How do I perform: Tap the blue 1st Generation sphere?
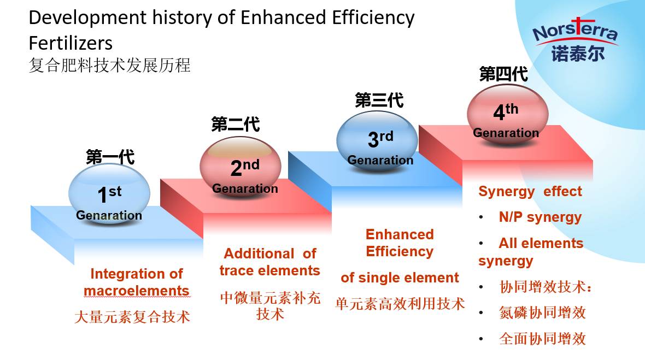[109, 193]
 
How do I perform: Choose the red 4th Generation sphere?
[508, 114]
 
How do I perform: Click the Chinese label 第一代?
[110, 157]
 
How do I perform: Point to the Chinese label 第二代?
[236, 124]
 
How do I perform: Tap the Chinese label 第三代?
[379, 101]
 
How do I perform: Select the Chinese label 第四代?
[503, 74]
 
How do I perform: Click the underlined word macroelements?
[137, 291]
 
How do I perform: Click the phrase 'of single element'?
[400, 278]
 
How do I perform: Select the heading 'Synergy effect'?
[530, 192]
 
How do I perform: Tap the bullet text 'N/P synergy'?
[540, 217]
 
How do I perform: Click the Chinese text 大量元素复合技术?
[132, 317]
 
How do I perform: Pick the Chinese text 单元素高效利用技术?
[400, 304]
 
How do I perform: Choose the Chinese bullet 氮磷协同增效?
[543, 312]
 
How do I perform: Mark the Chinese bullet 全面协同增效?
[543, 339]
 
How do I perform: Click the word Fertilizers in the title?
[71, 43]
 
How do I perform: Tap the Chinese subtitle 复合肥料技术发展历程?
[110, 66]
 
